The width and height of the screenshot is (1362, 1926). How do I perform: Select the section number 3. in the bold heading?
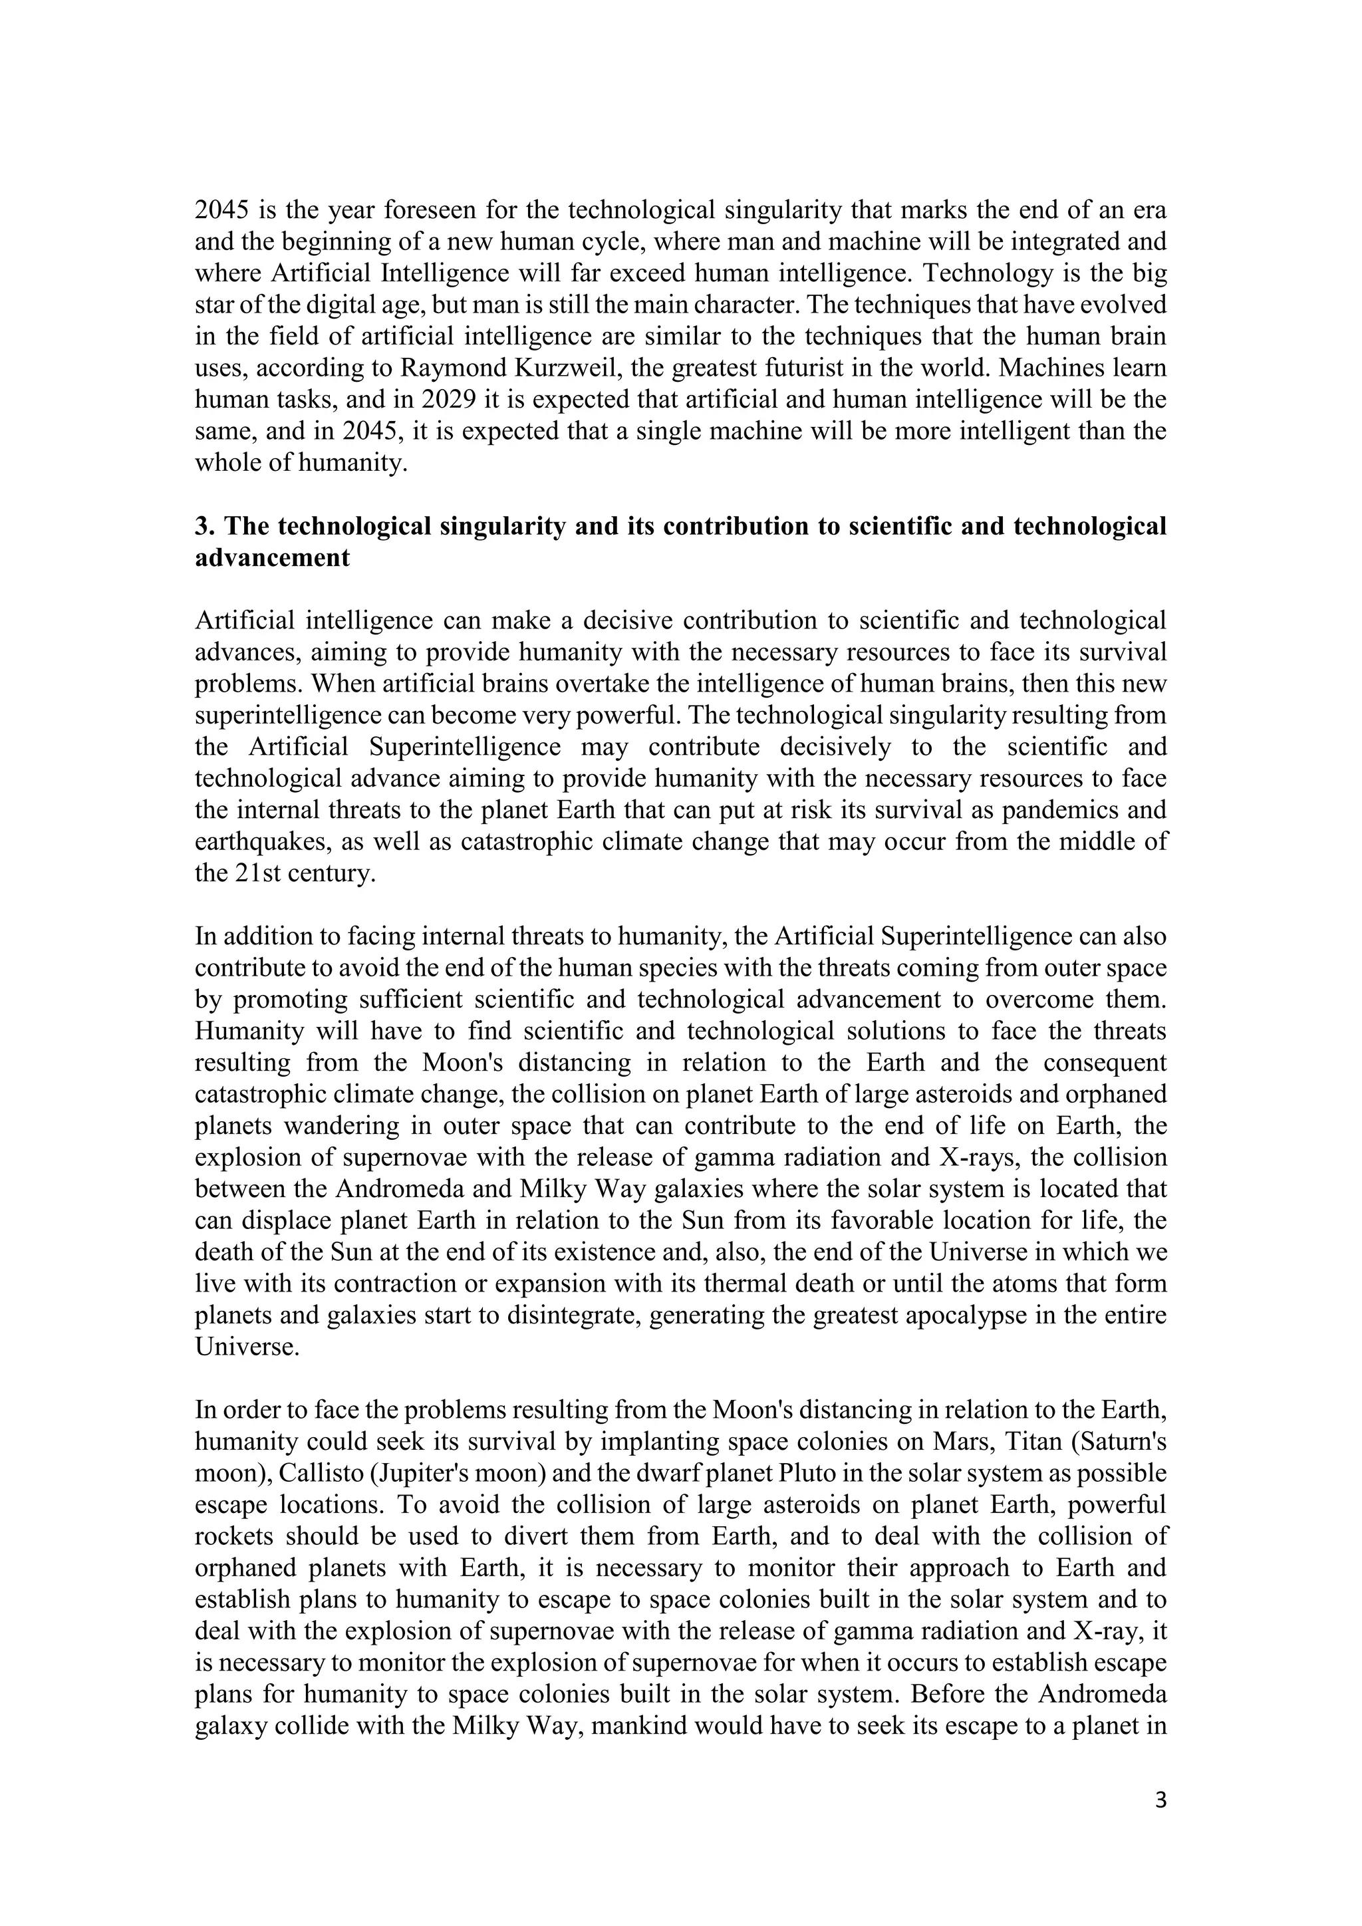click(x=205, y=526)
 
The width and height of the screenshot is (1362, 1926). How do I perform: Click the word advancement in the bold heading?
click(x=272, y=558)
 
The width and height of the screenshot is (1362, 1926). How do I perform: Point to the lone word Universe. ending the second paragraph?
click(x=247, y=1347)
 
